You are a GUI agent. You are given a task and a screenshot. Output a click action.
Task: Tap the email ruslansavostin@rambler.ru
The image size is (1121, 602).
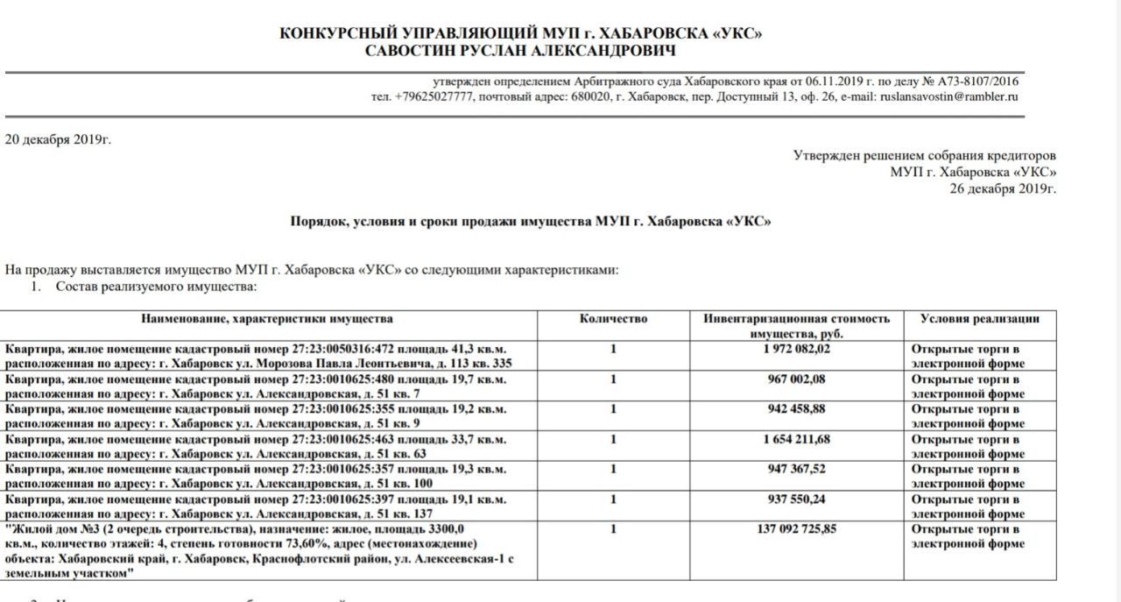pos(949,96)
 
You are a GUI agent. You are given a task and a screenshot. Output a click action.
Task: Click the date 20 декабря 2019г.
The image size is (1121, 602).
pos(58,139)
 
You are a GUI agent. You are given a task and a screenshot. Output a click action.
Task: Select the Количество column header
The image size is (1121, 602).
pos(613,319)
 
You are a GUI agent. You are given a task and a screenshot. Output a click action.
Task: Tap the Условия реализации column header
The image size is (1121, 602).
pos(980,319)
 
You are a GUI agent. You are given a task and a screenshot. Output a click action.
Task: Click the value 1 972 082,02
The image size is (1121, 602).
pos(797,350)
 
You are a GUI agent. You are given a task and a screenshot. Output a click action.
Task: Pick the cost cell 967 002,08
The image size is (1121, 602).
pos(797,379)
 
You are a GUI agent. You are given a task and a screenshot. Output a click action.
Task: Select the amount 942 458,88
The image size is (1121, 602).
pos(797,409)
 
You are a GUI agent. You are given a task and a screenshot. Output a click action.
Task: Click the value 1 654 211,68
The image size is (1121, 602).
pos(797,439)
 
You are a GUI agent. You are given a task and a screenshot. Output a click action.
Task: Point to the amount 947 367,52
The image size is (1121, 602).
pos(797,469)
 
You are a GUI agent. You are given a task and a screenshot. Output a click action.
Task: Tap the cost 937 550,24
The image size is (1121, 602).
pos(797,499)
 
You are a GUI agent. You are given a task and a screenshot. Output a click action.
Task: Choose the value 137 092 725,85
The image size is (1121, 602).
pos(797,529)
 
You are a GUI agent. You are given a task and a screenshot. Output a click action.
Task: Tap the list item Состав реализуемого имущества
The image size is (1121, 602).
pos(156,286)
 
